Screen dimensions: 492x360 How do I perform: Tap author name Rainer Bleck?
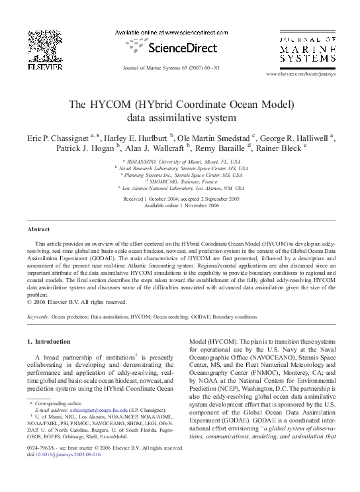pyautogui.click(x=281, y=149)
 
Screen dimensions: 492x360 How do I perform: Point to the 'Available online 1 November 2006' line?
pyautogui.click(x=180, y=205)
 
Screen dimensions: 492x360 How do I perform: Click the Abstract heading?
pyautogui.click(x=38, y=228)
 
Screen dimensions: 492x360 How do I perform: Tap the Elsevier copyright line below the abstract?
pyautogui.click(x=76, y=303)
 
